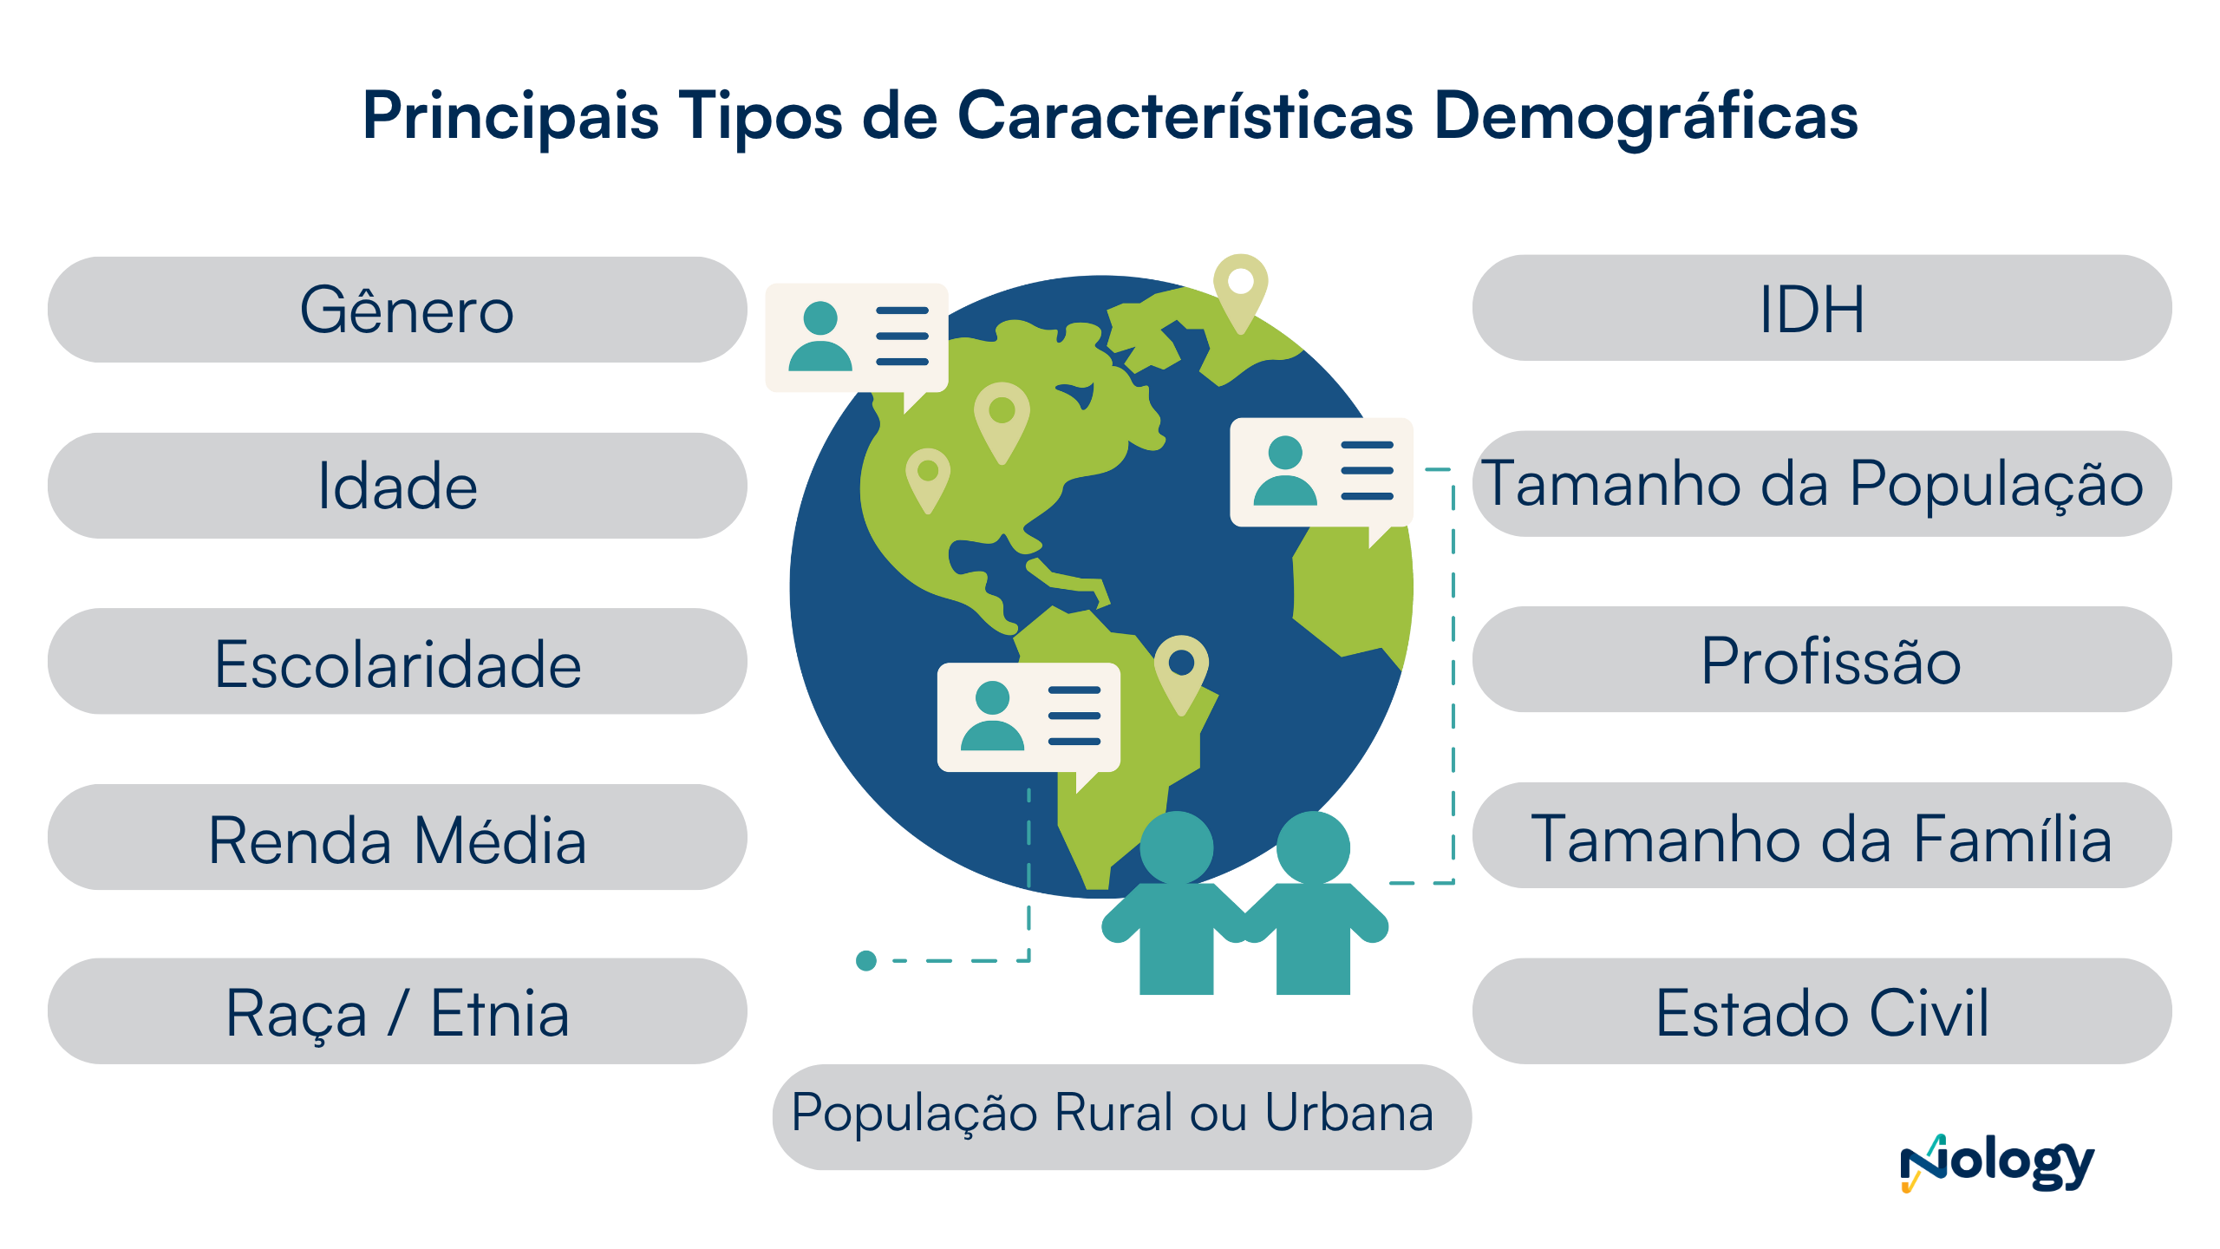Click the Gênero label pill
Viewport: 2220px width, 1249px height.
pyautogui.click(x=397, y=310)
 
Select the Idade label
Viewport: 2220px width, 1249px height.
pyautogui.click(x=397, y=486)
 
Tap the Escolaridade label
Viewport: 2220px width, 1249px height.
pyautogui.click(x=397, y=662)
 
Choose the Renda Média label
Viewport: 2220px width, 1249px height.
pyautogui.click(x=397, y=838)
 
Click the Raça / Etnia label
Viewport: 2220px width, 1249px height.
pyautogui.click(x=397, y=1011)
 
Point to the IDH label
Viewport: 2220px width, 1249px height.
pyautogui.click(x=1821, y=308)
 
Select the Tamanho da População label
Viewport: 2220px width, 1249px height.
pyautogui.click(x=1821, y=484)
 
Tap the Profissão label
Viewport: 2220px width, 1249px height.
pyautogui.click(x=1821, y=660)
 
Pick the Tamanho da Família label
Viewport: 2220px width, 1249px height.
pyautogui.click(x=1821, y=836)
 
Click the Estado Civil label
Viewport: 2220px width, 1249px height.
pyautogui.click(x=1821, y=1011)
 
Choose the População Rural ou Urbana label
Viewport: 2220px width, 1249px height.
pyautogui.click(x=1120, y=1116)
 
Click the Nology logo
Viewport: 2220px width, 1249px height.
pyautogui.click(x=1996, y=1163)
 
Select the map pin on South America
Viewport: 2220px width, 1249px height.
pyautogui.click(x=1181, y=669)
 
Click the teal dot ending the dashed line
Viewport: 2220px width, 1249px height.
pyautogui.click(x=865, y=960)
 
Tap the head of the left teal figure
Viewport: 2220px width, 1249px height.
pyautogui.click(x=1176, y=847)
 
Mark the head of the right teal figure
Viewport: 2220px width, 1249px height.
pyautogui.click(x=1313, y=847)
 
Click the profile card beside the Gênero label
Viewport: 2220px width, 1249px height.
pyautogui.click(x=857, y=337)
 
